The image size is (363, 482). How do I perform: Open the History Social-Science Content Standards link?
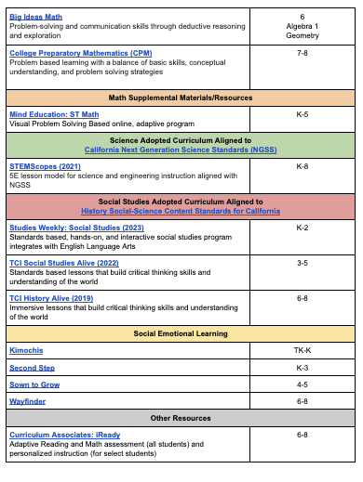pos(181,211)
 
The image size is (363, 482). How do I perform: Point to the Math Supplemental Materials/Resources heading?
pos(181,97)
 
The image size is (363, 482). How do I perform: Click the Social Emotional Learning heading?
pos(181,332)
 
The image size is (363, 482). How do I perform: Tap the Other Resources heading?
pos(181,418)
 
